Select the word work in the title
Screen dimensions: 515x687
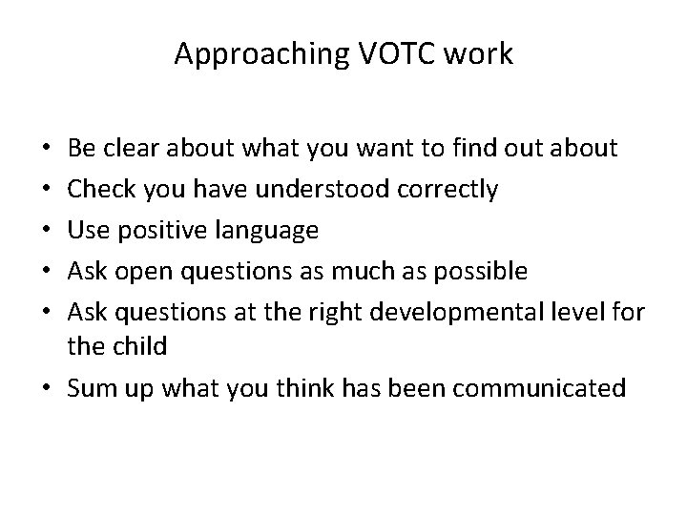pos(481,55)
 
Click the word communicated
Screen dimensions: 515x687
pos(543,388)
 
